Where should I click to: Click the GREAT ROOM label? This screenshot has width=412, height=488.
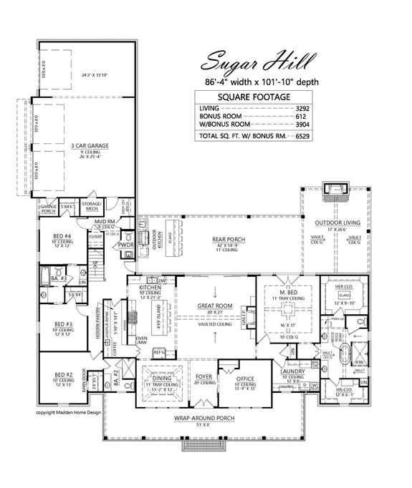click(215, 307)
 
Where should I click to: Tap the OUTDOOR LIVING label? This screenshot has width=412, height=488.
click(334, 223)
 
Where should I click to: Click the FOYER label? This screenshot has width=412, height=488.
click(203, 375)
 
